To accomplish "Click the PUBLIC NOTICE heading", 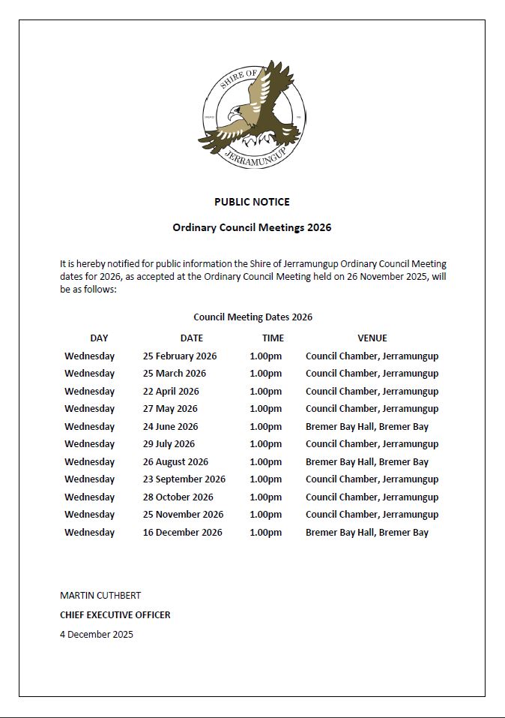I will click(252, 202).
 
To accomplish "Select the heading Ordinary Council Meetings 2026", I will click(252, 227).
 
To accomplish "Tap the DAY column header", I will click(99, 338).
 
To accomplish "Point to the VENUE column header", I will click(372, 338).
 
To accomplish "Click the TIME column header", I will click(273, 338).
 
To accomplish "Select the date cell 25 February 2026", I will click(180, 356).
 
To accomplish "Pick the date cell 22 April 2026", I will click(171, 392).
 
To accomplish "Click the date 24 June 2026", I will click(170, 427).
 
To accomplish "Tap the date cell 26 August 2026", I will click(175, 462).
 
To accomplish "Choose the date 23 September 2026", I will click(184, 479).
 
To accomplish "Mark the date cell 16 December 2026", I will click(183, 533).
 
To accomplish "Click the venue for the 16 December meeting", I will click(367, 533).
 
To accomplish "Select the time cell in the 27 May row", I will click(266, 409).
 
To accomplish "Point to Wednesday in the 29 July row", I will click(90, 444).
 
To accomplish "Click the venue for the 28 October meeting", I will click(372, 497).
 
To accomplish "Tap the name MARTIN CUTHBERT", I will click(100, 596).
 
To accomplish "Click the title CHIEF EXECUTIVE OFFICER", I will click(115, 615).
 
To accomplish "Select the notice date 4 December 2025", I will click(97, 635).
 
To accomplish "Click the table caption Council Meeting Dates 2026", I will click(252, 317).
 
